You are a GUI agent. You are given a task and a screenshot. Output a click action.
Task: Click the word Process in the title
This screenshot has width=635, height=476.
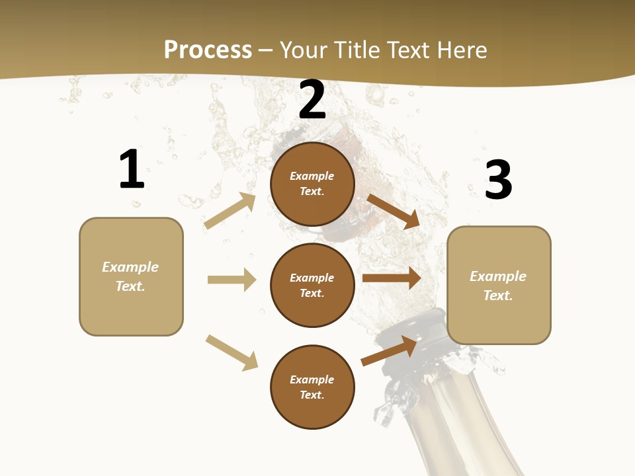[208, 50]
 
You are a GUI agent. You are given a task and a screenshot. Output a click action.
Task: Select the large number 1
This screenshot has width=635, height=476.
[132, 169]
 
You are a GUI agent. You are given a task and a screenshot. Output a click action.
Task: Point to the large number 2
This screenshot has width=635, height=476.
[312, 100]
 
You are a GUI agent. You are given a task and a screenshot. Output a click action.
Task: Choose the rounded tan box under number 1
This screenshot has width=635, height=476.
[131, 276]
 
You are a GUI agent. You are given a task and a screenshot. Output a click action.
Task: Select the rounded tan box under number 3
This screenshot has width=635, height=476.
[499, 286]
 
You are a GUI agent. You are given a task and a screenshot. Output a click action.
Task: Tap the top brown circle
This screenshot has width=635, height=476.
[312, 184]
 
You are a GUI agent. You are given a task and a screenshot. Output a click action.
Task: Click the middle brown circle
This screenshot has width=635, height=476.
[312, 285]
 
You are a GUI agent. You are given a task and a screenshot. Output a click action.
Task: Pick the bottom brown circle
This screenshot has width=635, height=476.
[312, 387]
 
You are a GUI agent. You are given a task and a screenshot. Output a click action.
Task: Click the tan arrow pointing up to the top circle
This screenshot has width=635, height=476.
[230, 211]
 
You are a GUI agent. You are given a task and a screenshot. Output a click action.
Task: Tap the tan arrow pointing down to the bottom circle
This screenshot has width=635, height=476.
[232, 352]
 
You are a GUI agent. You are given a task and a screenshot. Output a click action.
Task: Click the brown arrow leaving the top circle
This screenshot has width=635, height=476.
[393, 211]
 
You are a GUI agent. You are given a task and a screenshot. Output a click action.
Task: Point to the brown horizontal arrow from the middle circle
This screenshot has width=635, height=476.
[391, 278]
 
